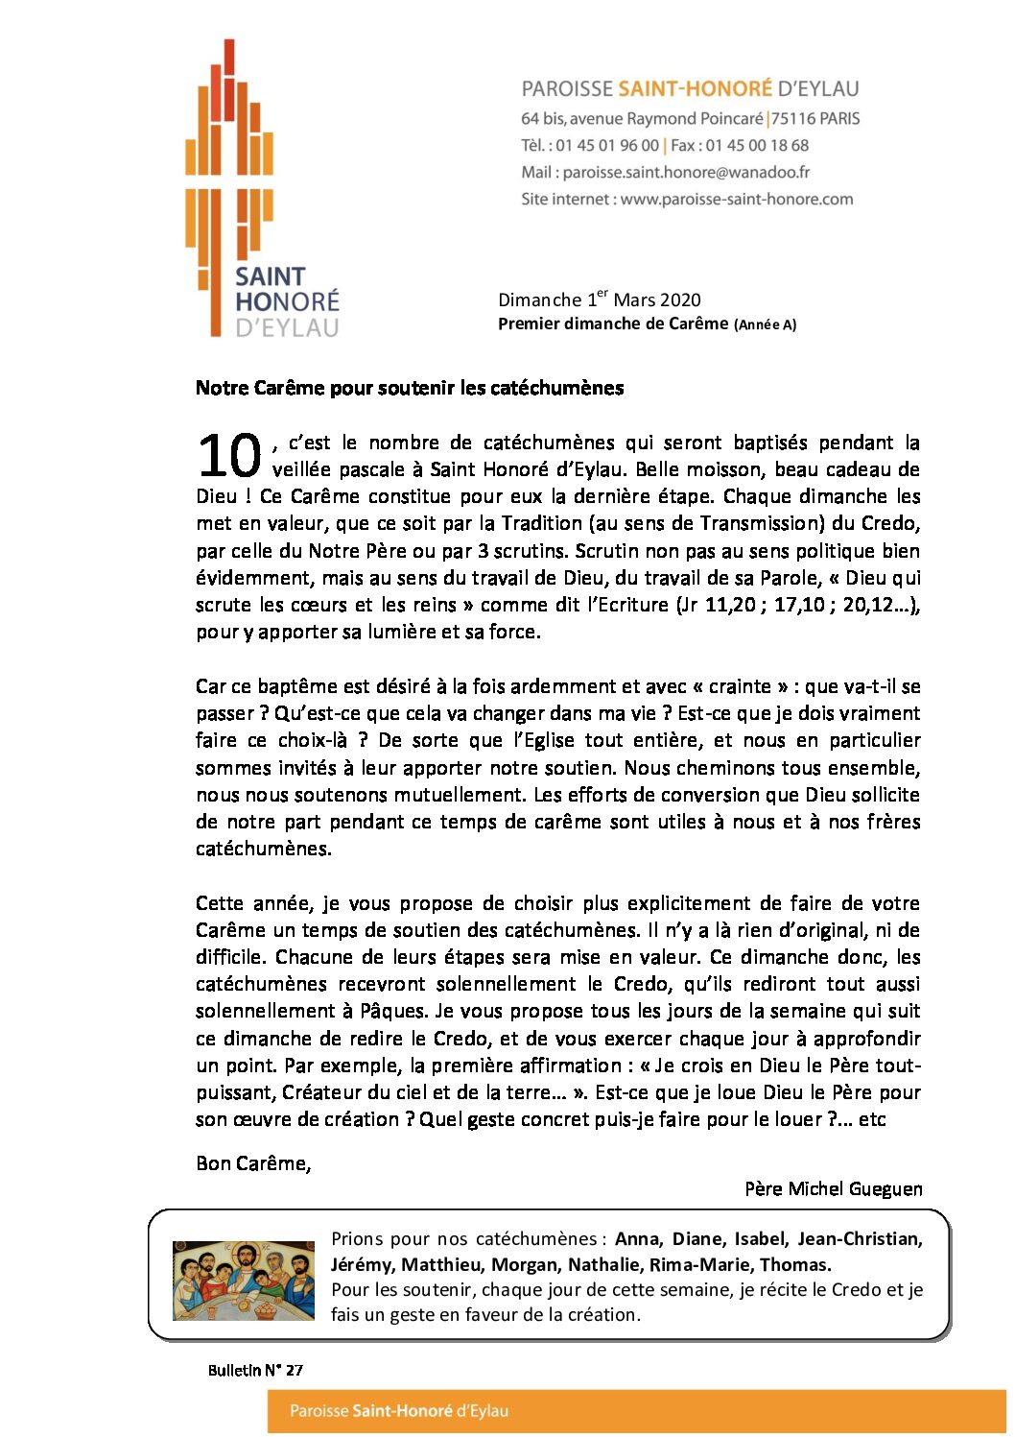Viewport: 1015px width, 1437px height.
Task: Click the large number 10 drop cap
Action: point(229,456)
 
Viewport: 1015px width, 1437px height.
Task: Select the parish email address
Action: point(686,173)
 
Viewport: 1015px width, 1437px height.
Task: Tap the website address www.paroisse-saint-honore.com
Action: point(736,200)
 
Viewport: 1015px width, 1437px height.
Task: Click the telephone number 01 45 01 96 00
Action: point(607,146)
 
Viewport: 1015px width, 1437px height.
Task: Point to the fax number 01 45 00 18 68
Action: point(757,146)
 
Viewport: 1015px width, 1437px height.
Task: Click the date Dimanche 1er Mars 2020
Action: point(599,299)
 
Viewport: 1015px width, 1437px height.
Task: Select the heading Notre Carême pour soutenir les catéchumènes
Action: point(410,388)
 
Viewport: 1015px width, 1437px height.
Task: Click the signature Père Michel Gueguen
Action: point(833,1188)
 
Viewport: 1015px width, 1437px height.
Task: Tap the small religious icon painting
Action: point(244,1280)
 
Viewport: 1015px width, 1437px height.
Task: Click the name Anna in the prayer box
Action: point(638,1239)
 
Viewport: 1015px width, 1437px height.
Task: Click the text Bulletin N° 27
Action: point(255,1370)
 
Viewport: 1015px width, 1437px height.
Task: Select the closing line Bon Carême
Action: point(253,1163)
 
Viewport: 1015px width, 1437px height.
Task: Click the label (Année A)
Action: point(765,324)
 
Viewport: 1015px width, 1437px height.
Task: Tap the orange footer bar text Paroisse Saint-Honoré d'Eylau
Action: point(399,1411)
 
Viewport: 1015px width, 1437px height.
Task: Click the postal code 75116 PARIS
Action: point(815,119)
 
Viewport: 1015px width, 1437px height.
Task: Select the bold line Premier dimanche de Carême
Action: point(613,323)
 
